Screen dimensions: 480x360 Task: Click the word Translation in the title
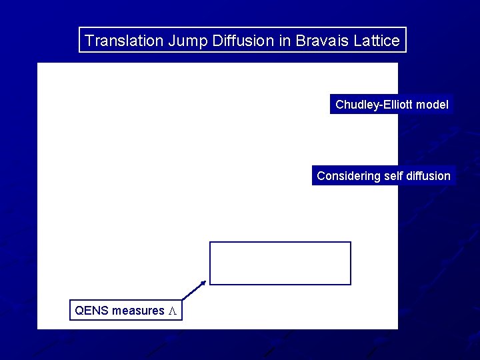pyautogui.click(x=124, y=41)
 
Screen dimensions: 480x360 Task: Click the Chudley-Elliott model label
pyautogui.click(x=391, y=105)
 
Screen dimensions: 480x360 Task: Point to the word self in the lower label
pyautogui.click(x=393, y=176)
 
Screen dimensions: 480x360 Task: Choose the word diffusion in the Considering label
pyautogui.click(x=428, y=176)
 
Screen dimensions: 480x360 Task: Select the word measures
pyautogui.click(x=138, y=311)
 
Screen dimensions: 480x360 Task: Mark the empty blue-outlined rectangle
pyautogui.click(x=280, y=263)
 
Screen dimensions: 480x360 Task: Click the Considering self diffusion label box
pyautogui.click(x=383, y=176)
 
